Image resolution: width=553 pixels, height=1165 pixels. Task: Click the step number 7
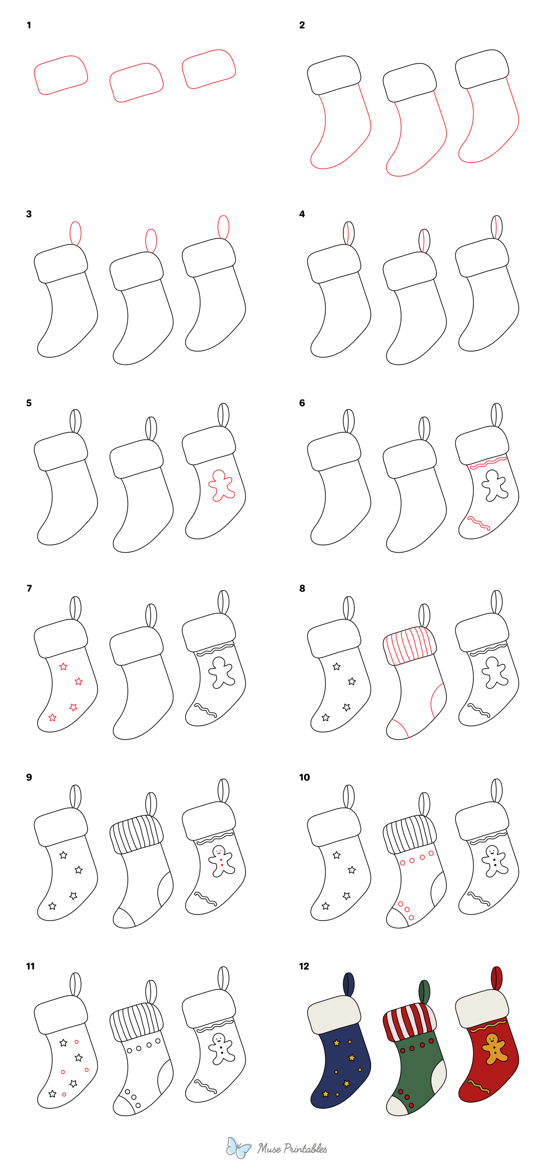[x=29, y=588]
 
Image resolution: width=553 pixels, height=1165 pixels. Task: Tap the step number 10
[x=304, y=777]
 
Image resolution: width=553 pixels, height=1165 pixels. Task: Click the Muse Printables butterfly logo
[x=238, y=1147]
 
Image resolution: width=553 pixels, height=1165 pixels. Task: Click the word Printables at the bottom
[x=305, y=1149]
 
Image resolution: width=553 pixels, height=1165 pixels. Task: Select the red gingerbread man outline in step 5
[x=222, y=485]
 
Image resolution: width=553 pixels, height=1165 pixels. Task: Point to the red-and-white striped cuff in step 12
[x=410, y=1021]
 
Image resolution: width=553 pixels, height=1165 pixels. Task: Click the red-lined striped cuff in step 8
[x=410, y=645]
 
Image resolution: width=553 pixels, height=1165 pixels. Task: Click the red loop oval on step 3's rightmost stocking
[x=224, y=227]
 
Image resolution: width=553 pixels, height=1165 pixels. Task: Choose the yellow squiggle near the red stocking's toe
[x=479, y=1087]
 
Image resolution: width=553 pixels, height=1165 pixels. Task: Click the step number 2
[x=302, y=25]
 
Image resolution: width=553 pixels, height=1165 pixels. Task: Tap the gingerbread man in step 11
[x=222, y=1048]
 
